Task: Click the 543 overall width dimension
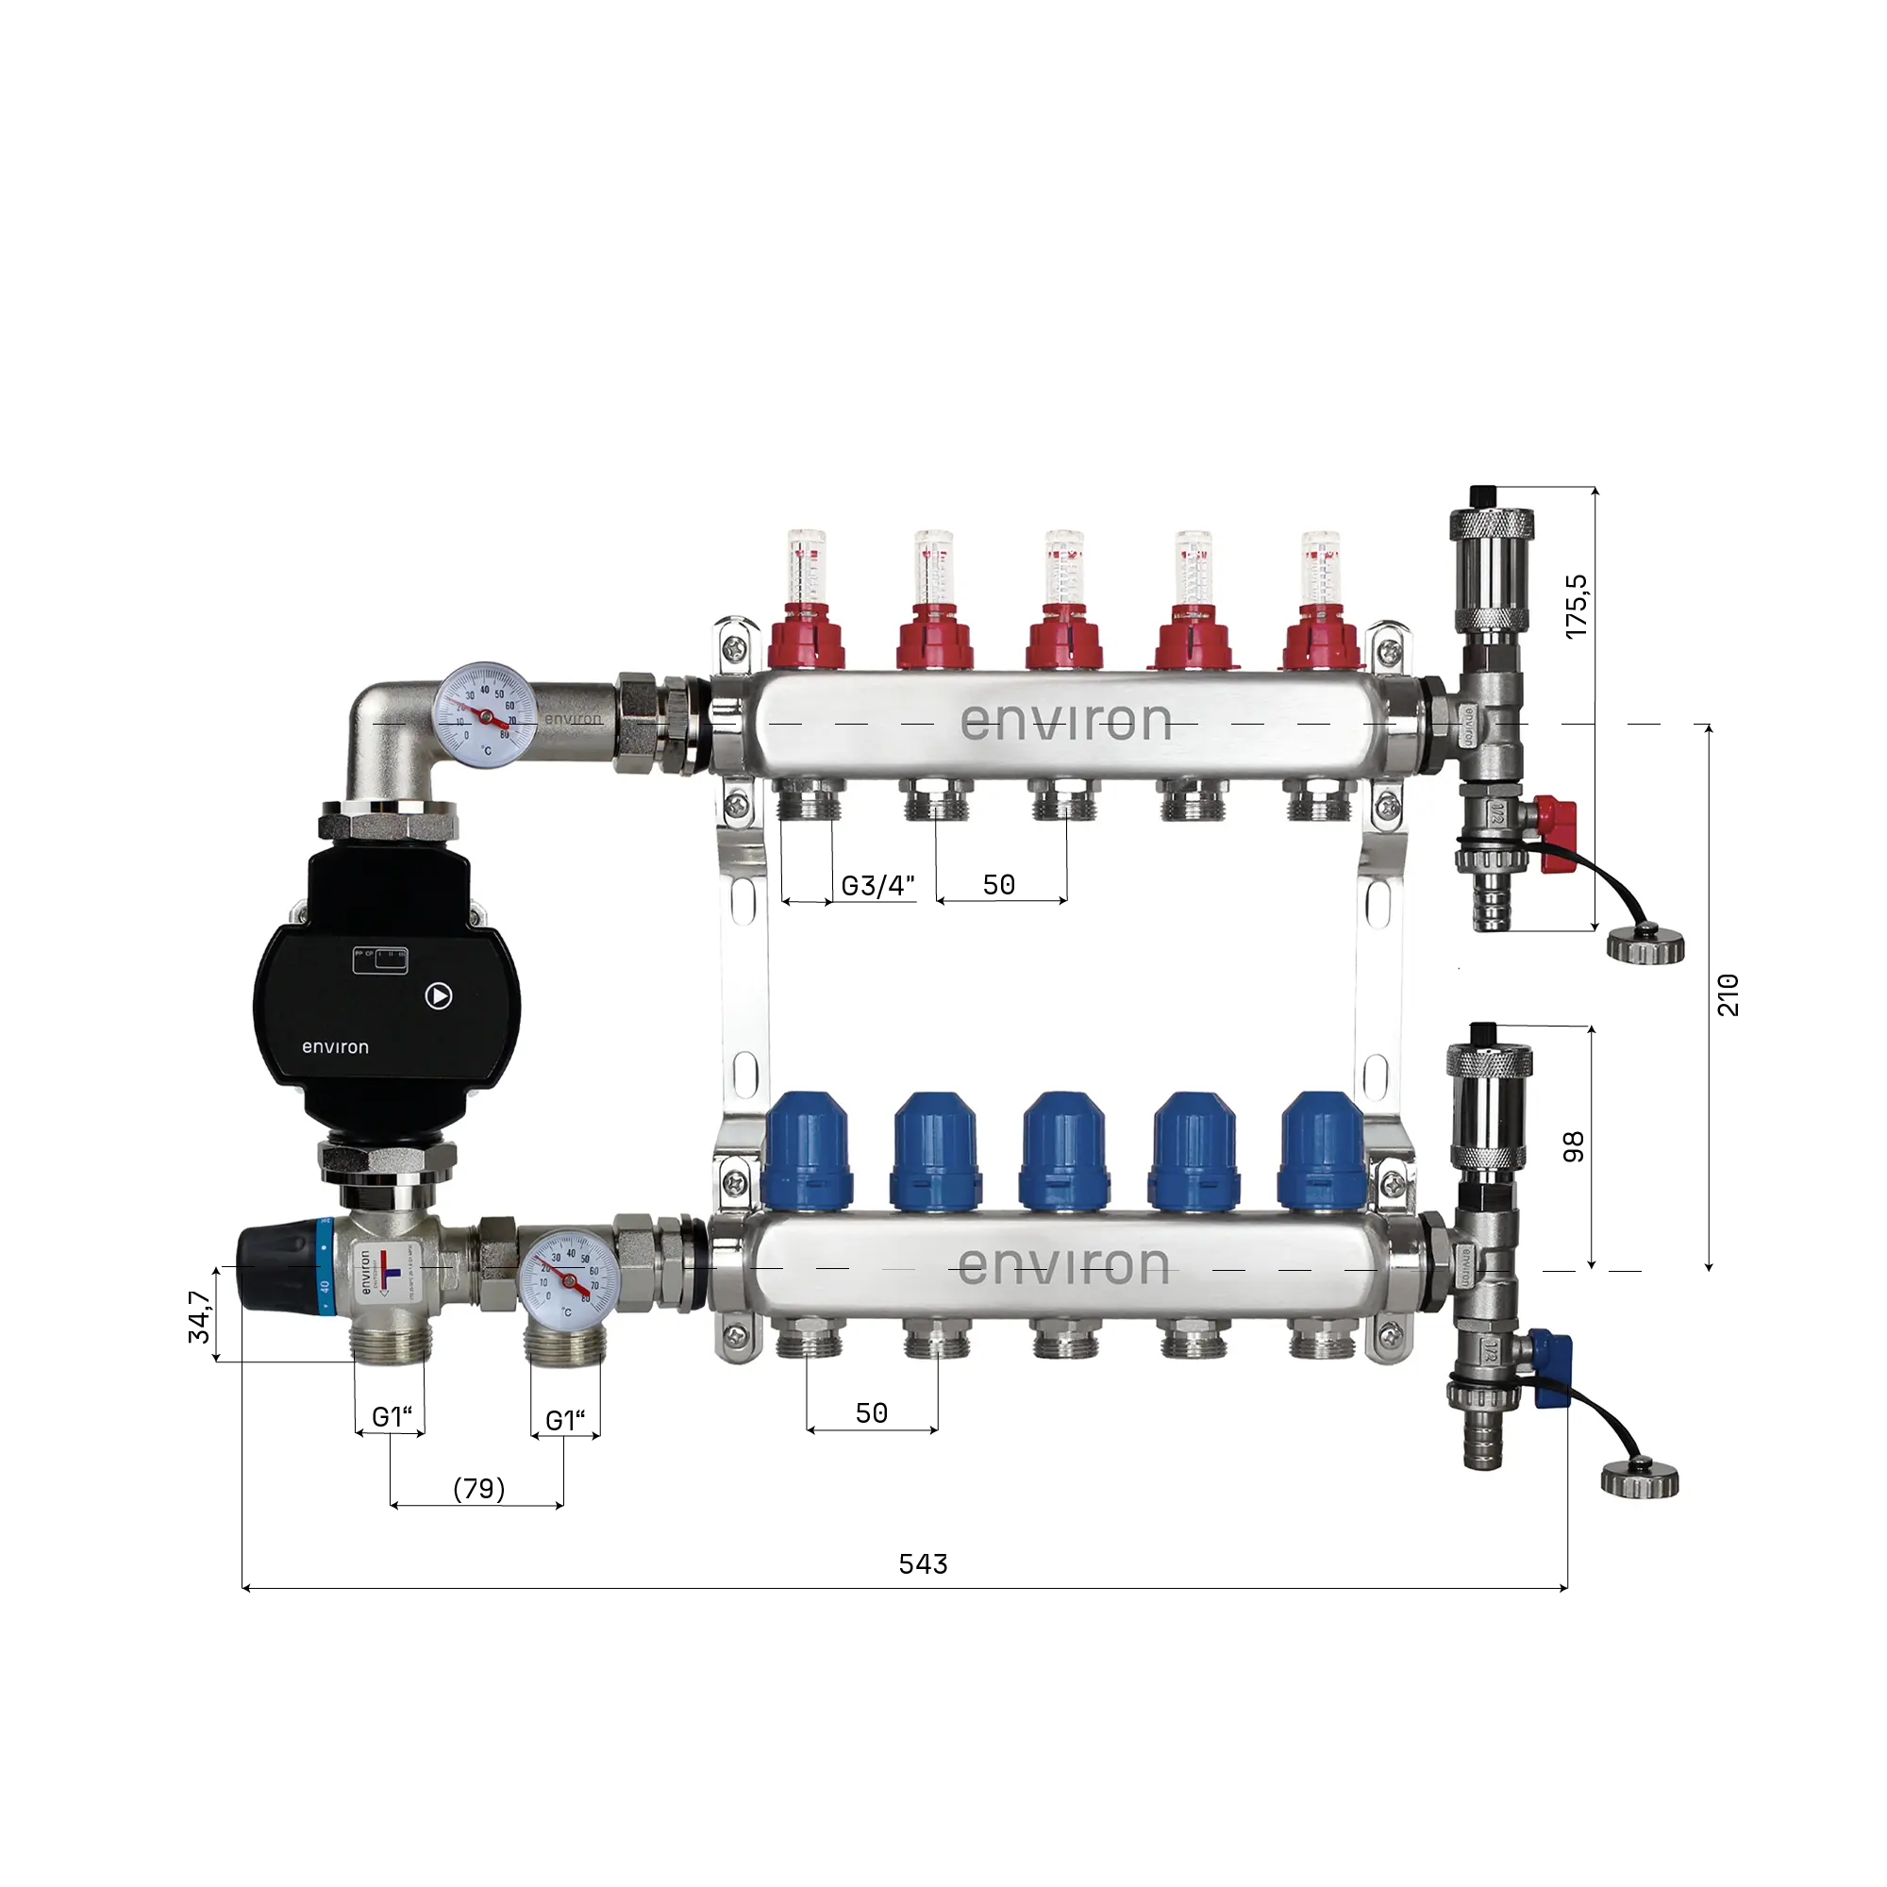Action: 922,1563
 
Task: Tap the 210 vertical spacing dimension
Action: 1728,994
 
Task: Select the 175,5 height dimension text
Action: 1576,607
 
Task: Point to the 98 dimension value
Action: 1574,1146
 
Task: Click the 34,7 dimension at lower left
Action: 199,1316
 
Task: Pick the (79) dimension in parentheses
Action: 478,1489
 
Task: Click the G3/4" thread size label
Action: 877,886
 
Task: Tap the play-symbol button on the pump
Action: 439,995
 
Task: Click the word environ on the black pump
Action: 335,1047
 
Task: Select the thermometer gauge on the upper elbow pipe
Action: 485,715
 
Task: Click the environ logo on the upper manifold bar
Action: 1064,722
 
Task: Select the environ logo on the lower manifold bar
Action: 1062,1267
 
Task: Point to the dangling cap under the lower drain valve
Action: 1639,1480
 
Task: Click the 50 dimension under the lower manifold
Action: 871,1413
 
